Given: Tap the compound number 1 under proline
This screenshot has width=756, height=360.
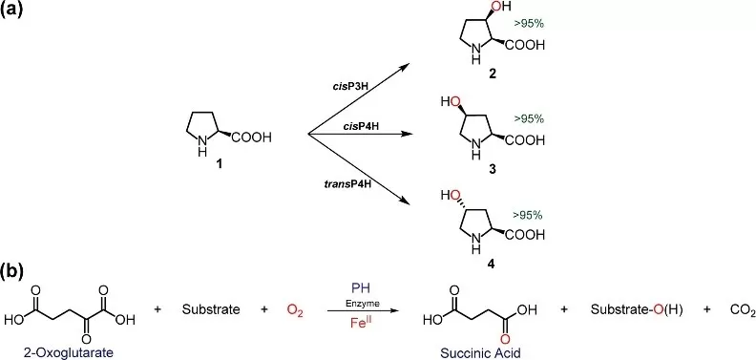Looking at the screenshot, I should pos(220,164).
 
